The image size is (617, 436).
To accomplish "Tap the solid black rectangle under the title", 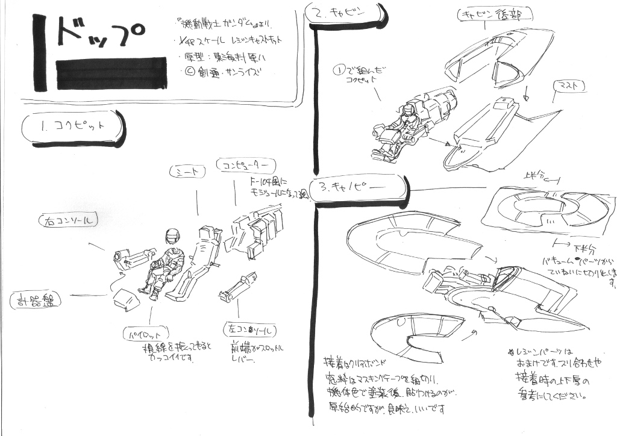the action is click(111, 73).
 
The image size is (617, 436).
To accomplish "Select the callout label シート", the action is click(187, 172).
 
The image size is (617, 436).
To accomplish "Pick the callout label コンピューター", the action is click(246, 165).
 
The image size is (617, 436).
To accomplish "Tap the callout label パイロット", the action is click(145, 332).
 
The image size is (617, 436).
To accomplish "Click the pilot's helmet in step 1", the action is click(173, 237).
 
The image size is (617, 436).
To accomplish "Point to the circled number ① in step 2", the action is click(340, 70).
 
